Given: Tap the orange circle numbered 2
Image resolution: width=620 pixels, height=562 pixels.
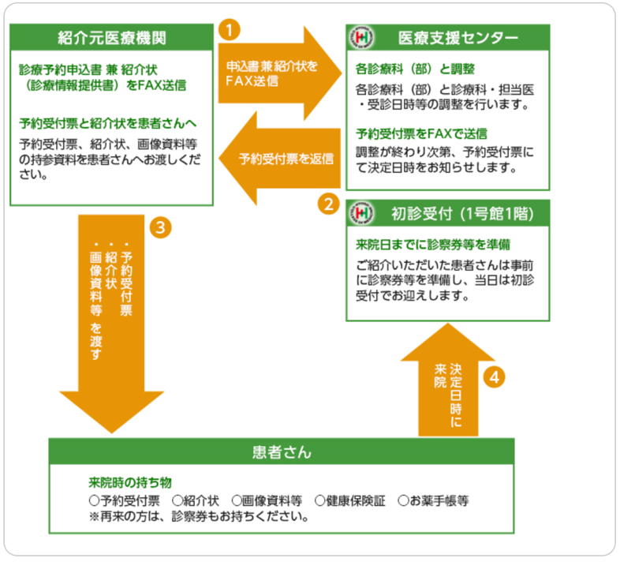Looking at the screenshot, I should (x=328, y=204).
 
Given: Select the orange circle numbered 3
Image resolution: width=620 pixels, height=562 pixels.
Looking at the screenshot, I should (x=160, y=228).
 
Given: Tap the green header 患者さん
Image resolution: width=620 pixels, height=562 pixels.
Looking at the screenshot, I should (x=282, y=452).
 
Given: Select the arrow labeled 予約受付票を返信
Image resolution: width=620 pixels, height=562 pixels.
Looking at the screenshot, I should (x=280, y=158).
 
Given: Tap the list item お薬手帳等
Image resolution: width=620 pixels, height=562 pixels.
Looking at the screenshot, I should (x=434, y=500).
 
